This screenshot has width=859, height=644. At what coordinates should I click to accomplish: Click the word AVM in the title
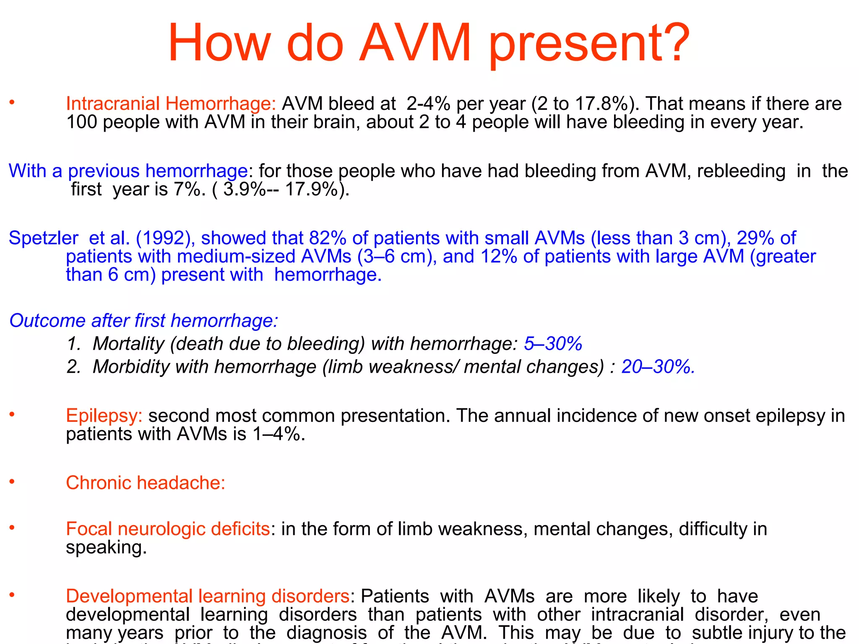pos(415,43)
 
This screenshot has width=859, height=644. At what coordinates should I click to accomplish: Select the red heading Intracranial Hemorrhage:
pos(171,104)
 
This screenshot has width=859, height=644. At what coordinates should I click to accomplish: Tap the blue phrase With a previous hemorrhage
pos(128,171)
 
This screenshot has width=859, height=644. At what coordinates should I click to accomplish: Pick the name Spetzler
pos(43,238)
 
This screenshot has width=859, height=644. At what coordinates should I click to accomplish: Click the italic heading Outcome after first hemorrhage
pos(143,321)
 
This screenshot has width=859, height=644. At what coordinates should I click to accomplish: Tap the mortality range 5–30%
pos(553,344)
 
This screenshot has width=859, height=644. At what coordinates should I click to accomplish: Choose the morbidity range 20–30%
pos(658,367)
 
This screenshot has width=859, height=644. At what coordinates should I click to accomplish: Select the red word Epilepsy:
pos(104,416)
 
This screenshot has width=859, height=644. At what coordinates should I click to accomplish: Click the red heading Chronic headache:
pos(146,483)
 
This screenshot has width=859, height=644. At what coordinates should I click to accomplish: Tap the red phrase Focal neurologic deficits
pos(168,529)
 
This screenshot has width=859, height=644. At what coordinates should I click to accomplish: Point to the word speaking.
pos(106,548)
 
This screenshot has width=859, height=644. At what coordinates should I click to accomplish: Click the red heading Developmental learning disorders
pos(208,596)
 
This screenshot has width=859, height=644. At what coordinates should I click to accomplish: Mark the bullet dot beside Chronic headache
pos(12,481)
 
